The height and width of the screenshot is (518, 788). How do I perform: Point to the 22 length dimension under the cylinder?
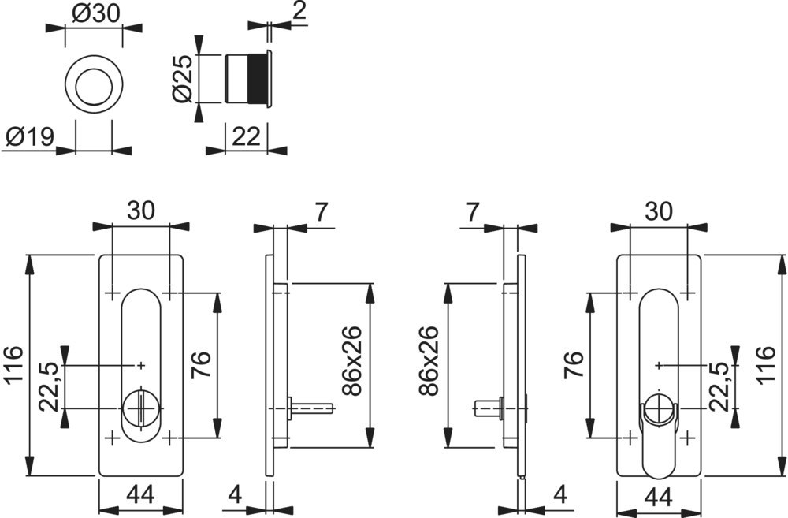point(246,137)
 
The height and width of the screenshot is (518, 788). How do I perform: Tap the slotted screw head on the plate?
point(137,408)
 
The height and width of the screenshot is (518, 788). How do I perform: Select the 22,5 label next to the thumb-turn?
point(719,386)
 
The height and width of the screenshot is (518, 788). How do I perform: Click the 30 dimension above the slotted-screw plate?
point(140,211)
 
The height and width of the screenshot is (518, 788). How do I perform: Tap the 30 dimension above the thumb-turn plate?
point(659,211)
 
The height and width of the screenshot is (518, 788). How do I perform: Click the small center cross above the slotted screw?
point(141,364)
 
